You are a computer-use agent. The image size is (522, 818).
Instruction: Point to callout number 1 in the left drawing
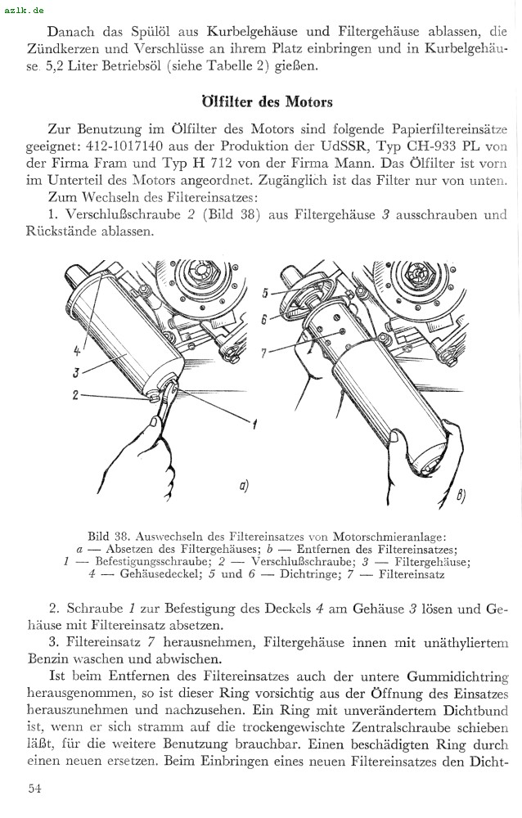coord(254,425)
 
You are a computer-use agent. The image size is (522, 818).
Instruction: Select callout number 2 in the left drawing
coord(74,394)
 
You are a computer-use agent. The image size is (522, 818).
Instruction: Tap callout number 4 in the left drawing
coord(77,351)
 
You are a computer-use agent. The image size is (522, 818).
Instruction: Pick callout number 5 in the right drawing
coord(265,293)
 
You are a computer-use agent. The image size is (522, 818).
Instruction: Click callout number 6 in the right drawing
coord(264,320)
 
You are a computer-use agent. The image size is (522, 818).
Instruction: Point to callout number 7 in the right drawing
coord(263,354)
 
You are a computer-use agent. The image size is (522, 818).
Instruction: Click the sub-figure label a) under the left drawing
coord(243,487)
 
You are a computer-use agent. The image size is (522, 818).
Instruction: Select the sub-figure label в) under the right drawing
coord(461,495)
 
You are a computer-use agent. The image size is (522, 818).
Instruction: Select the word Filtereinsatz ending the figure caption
coord(412,574)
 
